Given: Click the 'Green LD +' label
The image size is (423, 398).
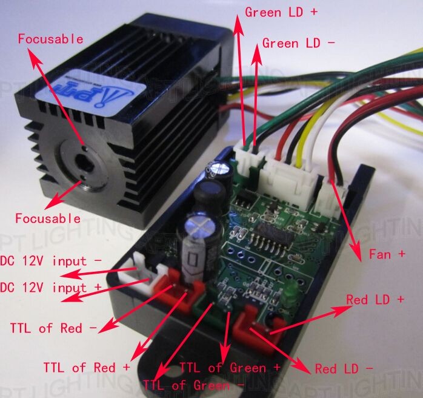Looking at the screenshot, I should pos(281,12).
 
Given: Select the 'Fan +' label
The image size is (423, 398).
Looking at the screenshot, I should pos(387,254).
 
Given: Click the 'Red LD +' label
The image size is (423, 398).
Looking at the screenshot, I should pos(375,299).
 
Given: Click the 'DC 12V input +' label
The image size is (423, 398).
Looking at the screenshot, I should pos(51,286).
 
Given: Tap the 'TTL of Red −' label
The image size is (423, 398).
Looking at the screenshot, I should pos(53,328).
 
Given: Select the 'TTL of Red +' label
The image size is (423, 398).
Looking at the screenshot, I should pos(86,367).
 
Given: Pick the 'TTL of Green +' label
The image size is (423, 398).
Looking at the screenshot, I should pos(230,368).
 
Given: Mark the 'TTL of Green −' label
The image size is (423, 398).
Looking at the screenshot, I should pos(194,385).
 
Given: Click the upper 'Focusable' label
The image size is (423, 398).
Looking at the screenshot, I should pos(50,39).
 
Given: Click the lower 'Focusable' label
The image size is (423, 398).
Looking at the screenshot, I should pos(47,218).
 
